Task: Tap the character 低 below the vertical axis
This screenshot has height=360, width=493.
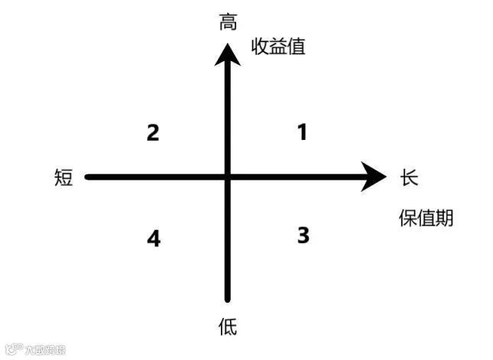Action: pos(228,328)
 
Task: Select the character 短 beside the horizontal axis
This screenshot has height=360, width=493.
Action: pos(64,178)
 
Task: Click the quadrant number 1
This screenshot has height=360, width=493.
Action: pos(302,132)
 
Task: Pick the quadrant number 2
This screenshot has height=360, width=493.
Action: pos(153,133)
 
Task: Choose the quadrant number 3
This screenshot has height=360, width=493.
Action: pos(303,235)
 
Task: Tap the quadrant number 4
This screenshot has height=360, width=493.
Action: pos(154,238)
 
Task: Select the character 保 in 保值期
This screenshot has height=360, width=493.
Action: pos(407,219)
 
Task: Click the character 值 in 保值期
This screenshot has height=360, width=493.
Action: pos(426,219)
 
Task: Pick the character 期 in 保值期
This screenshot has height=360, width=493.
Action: pos(444,219)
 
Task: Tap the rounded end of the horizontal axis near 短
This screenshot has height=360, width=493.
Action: pos(89,177)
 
